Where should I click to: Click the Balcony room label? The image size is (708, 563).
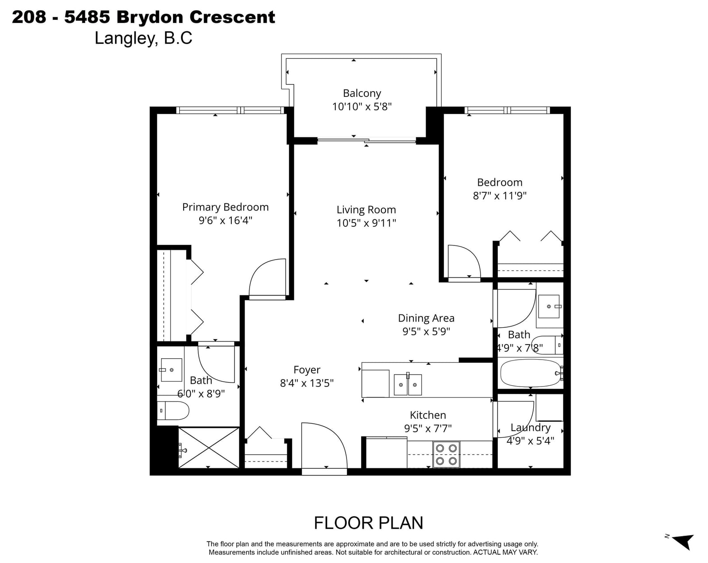(x=362, y=93)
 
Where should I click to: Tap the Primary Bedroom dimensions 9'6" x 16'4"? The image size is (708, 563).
(x=225, y=220)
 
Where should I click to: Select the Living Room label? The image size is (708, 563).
(x=366, y=210)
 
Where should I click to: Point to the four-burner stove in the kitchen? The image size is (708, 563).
(x=446, y=455)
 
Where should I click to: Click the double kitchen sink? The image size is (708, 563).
(x=408, y=384)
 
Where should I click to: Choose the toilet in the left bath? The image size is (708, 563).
(x=173, y=410)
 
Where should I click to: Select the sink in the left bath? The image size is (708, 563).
(x=171, y=370)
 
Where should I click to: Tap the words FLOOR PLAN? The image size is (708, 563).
(x=368, y=523)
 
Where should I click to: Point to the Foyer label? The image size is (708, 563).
(x=307, y=370)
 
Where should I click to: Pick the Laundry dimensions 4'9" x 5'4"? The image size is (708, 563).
(x=530, y=440)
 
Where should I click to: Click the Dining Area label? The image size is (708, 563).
(x=426, y=318)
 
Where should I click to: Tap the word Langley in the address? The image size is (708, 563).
(x=124, y=38)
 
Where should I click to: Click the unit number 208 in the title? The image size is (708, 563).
(x=29, y=17)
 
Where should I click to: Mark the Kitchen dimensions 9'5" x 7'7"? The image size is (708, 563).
(x=428, y=429)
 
